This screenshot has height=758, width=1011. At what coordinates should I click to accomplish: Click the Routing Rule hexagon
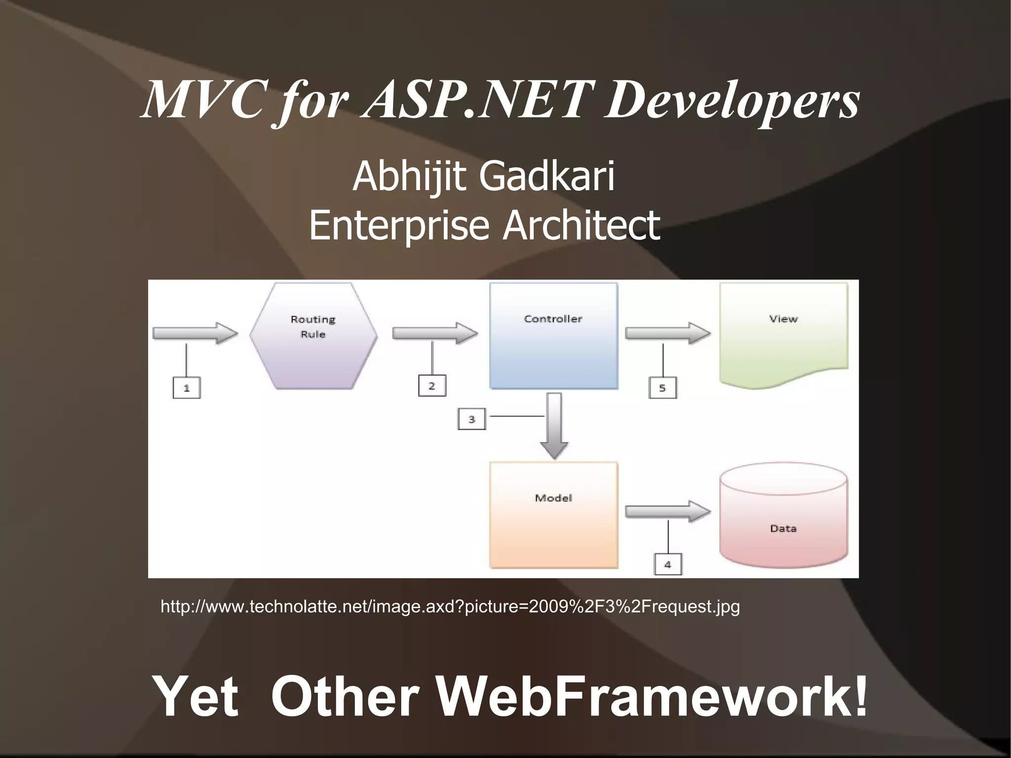pyautogui.click(x=313, y=336)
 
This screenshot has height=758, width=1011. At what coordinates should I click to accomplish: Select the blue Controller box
pyautogui.click(x=553, y=336)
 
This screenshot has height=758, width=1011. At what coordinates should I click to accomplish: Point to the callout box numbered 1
pyautogui.click(x=187, y=388)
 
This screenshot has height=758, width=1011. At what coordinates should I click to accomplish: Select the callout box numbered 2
pyautogui.click(x=432, y=386)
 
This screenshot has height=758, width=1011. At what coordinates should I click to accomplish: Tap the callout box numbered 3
pyautogui.click(x=471, y=419)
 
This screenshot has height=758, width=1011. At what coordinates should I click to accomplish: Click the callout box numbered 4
pyautogui.click(x=668, y=564)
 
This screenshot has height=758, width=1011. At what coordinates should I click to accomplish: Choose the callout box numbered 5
pyautogui.click(x=662, y=388)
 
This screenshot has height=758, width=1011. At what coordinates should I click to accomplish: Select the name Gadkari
pyautogui.click(x=547, y=176)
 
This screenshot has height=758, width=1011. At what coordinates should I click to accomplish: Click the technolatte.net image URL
pyautogui.click(x=450, y=606)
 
